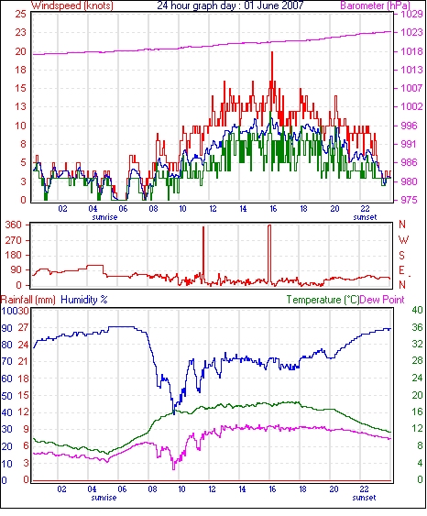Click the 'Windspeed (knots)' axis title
[x=72, y=5]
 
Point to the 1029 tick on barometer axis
[x=411, y=14]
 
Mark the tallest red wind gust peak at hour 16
[x=272, y=52]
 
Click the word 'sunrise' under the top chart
[x=104, y=217]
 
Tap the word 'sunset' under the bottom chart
[x=364, y=498]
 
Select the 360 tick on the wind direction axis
[x=13, y=225]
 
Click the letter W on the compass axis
[x=403, y=240]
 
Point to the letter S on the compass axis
[x=401, y=255]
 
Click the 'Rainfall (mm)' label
[x=28, y=300]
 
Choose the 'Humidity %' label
[x=84, y=300]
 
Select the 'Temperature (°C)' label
[x=323, y=300]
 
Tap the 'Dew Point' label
[x=382, y=300]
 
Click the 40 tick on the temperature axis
[x=417, y=310]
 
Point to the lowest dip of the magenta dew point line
[x=174, y=468]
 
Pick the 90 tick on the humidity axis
[x=6, y=328]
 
